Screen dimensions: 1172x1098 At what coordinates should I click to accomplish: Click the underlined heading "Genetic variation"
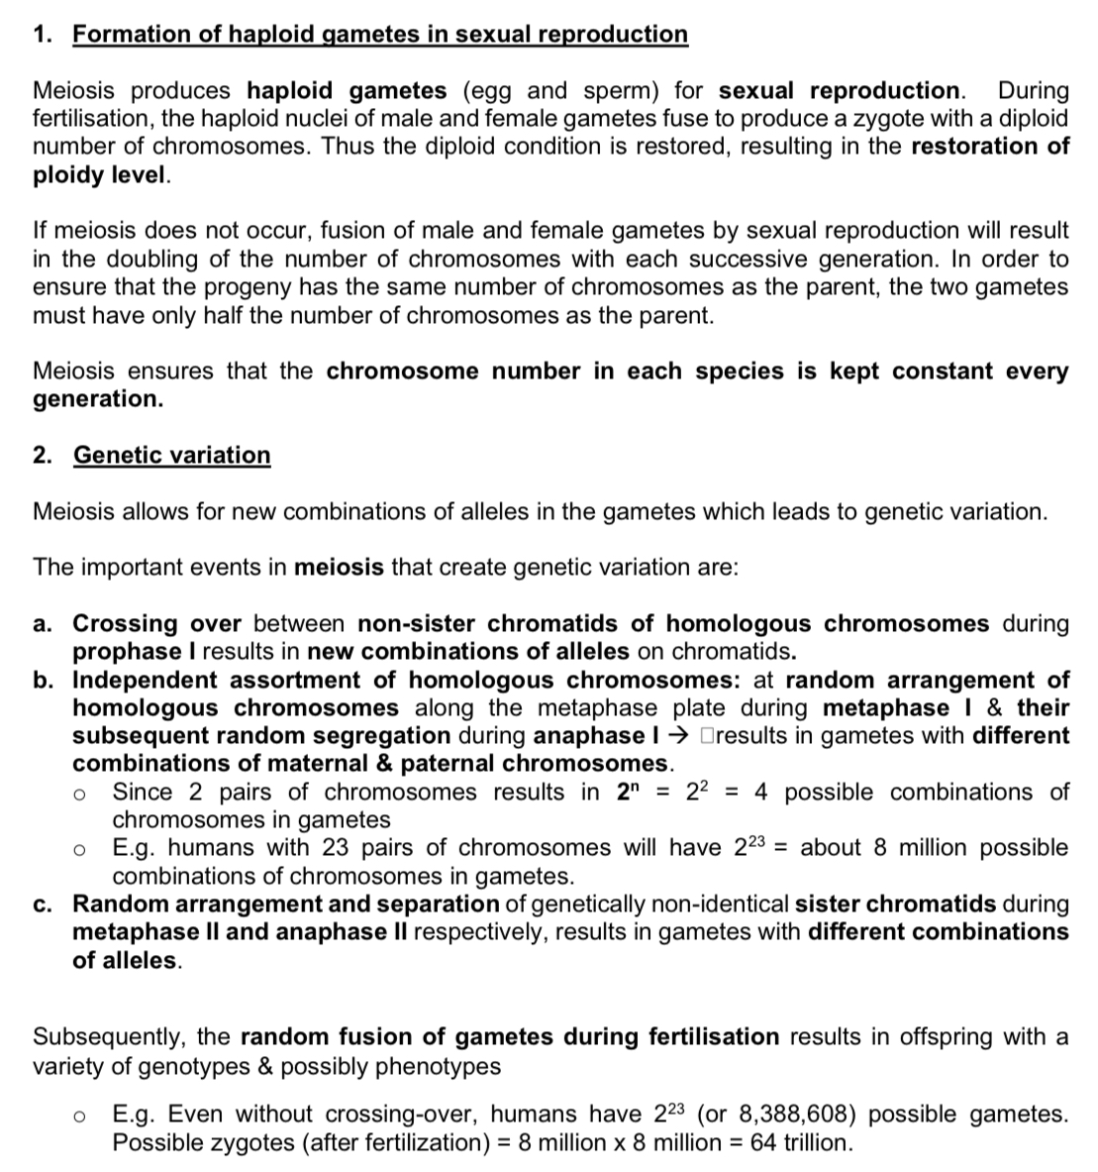[171, 456]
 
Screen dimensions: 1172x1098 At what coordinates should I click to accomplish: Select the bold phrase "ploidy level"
[100, 175]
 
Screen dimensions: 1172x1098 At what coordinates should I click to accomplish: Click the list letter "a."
[44, 624]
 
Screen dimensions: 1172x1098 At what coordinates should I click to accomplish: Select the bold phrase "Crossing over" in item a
[157, 624]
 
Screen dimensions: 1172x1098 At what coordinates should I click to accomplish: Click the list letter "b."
[44, 681]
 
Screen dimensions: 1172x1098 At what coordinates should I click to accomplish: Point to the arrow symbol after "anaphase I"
[682, 736]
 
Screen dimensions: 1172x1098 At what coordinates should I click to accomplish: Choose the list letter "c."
[44, 905]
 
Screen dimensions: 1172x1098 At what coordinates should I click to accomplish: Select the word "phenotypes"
[439, 1066]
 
